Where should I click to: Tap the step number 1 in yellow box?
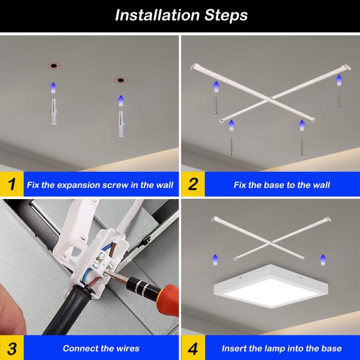pos(12,184)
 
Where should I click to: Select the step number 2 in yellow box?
pos(193,184)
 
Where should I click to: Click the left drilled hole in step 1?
pos(53,66)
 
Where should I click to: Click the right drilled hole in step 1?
pos(121,80)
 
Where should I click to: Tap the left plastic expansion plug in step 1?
pos(53,112)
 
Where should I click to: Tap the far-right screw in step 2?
pos(339,99)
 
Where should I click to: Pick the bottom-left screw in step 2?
pos(231,146)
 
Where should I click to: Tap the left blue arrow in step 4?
pos(215,260)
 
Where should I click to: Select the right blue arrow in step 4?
pos(323,260)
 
